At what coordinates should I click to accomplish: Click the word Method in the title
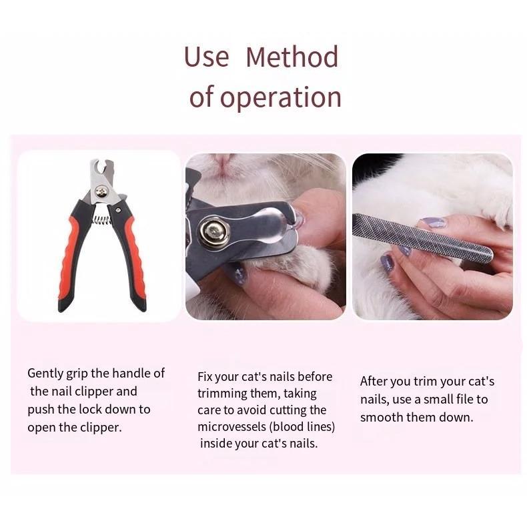[x=292, y=57]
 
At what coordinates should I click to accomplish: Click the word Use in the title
[x=206, y=57]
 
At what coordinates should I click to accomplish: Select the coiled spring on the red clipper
[x=101, y=220]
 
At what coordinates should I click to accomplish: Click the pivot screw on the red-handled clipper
[x=101, y=192]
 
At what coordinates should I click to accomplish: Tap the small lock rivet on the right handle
[x=118, y=210]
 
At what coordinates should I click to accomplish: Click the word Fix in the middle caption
[x=205, y=377]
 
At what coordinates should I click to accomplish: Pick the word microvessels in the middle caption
[x=232, y=427]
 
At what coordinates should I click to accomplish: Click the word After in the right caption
[x=373, y=382]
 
